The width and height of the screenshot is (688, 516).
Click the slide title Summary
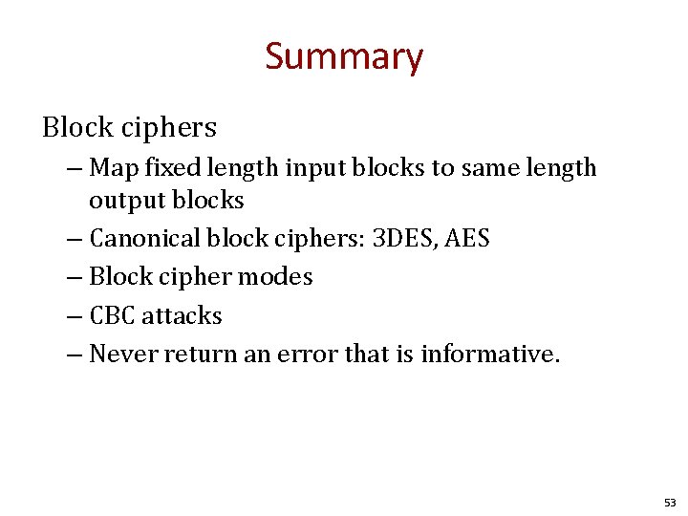coord(343,57)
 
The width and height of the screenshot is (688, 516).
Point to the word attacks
coord(183,315)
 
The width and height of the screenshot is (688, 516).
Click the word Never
coord(123,354)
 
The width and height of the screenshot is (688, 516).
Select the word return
coord(196,354)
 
